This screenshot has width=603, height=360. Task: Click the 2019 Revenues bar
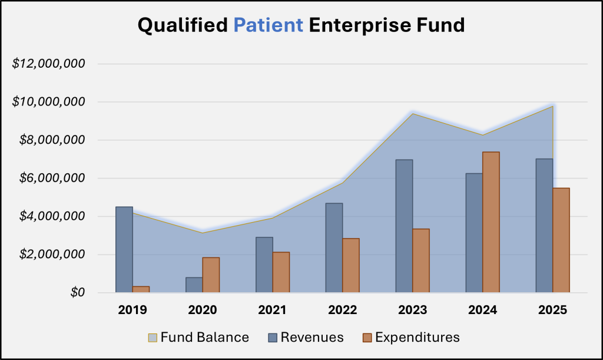point(124,249)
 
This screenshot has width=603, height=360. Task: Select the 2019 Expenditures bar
point(141,289)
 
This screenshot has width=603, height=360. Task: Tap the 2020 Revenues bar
point(194,285)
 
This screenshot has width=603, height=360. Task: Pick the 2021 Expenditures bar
point(281,272)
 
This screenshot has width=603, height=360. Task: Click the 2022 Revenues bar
point(334,247)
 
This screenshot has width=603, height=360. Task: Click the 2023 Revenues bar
point(404,226)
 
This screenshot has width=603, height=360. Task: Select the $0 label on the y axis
point(78,293)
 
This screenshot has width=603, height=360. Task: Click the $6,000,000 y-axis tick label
point(49,178)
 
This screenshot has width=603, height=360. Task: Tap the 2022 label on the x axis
point(342,309)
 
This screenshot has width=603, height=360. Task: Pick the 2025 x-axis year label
point(552,309)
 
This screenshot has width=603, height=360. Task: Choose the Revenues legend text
point(312,338)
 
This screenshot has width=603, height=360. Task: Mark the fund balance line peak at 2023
point(412,113)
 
